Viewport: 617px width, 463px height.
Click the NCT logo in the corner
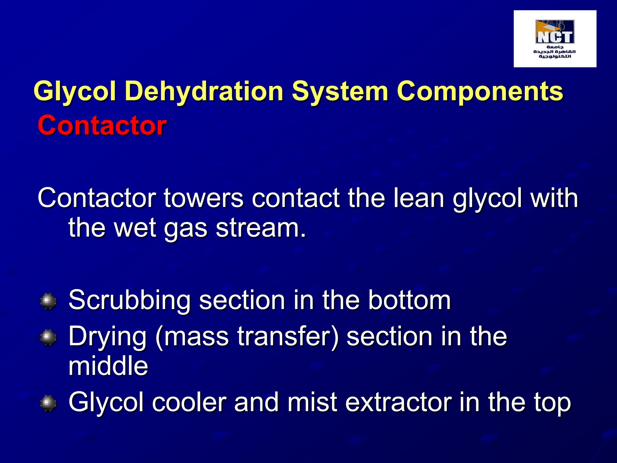tap(555, 39)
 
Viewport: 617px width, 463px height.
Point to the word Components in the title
tap(480, 91)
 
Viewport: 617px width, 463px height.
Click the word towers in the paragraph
tap(204, 198)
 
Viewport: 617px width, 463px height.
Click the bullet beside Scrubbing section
tap(48, 301)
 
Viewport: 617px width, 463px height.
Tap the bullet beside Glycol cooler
tap(48, 403)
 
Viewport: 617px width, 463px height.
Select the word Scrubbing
tap(130, 300)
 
